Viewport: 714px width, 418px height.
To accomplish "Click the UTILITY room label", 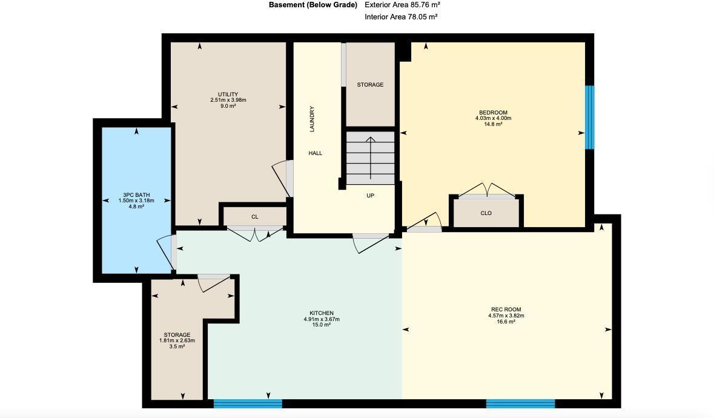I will click(x=228, y=95).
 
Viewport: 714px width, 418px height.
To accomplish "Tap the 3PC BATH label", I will click(x=136, y=195).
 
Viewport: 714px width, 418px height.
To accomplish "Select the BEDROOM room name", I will click(x=493, y=113).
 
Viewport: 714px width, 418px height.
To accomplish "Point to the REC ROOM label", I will click(x=506, y=310).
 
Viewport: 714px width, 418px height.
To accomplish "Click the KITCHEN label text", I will click(x=321, y=313).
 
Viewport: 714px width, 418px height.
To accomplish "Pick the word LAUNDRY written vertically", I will click(x=312, y=119).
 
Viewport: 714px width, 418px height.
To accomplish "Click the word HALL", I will click(x=315, y=153).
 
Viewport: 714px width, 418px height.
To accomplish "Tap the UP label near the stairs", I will click(x=370, y=196).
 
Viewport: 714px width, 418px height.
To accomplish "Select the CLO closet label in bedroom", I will click(x=486, y=213).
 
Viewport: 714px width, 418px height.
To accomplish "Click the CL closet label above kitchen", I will click(x=255, y=217).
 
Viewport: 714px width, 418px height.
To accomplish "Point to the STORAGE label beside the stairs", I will click(x=369, y=85).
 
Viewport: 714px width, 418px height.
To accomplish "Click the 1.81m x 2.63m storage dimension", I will click(x=177, y=340).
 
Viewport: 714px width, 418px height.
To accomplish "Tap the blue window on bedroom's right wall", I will click(x=589, y=117).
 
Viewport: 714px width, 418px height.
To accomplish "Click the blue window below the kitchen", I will click(x=248, y=403).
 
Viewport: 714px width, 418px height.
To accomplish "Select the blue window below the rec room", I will click(x=520, y=403).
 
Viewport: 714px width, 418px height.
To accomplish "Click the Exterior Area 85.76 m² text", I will click(x=402, y=5).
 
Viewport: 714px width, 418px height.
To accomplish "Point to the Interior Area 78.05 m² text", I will click(x=401, y=17).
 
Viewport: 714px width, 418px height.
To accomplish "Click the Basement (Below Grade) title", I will click(x=312, y=5).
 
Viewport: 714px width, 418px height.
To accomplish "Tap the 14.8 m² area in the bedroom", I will click(x=493, y=124).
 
